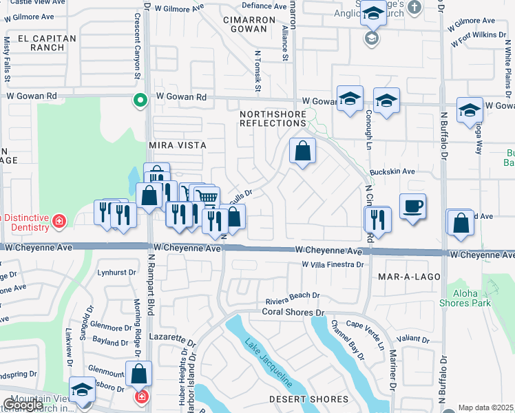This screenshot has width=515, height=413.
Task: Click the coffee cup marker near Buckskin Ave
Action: click(x=412, y=206)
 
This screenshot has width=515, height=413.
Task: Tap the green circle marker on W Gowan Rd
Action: click(x=140, y=101)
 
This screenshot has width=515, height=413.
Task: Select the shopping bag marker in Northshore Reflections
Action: click(x=302, y=151)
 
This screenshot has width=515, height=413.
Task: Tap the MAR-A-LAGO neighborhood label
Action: click(x=404, y=276)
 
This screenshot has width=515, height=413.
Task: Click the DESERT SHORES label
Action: click(x=308, y=399)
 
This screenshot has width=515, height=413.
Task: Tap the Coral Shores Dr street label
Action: click(x=293, y=312)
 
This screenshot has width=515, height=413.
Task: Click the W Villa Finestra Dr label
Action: click(x=332, y=264)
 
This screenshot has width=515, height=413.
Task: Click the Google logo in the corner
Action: click(x=24, y=404)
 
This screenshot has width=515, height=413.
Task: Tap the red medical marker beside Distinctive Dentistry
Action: click(x=60, y=221)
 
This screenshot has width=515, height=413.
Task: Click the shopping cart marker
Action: click(x=207, y=198)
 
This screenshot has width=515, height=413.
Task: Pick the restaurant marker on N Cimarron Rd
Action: click(x=377, y=219)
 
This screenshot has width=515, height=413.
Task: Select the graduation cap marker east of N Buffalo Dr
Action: click(x=470, y=109)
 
